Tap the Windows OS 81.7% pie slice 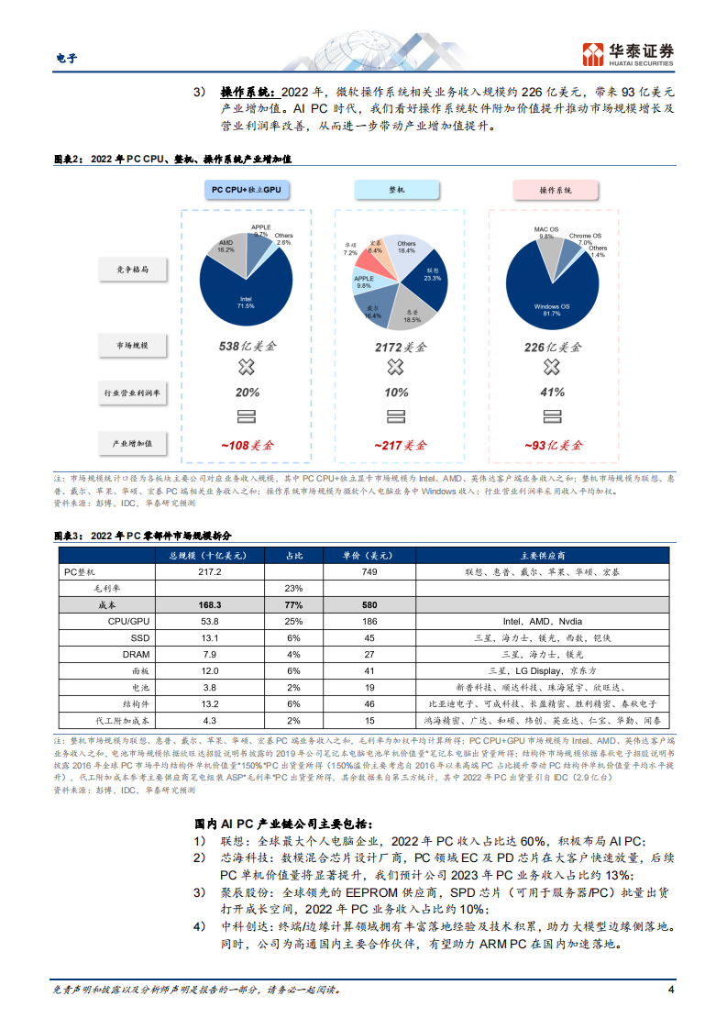(550, 293)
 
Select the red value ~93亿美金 (552, 445)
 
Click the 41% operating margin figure (552, 393)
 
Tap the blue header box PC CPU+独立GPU (246, 189)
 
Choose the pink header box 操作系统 (555, 189)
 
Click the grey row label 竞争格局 (132, 270)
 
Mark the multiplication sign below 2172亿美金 (395, 368)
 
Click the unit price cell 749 (369, 572)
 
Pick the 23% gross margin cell (294, 589)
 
